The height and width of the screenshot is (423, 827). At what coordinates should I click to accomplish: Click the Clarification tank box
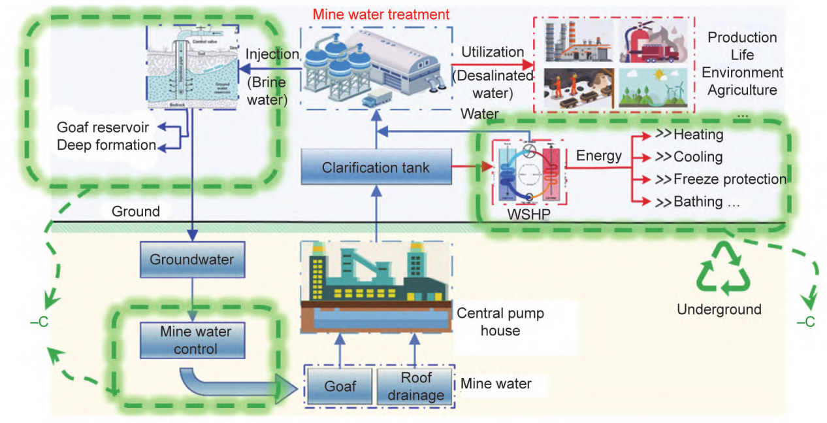[376, 167]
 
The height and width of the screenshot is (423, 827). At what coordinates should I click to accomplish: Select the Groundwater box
[191, 259]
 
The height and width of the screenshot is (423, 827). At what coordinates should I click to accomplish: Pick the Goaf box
[340, 386]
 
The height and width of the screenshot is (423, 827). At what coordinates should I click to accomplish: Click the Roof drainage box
[414, 386]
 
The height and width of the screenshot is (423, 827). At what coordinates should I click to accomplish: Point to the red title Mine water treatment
[381, 14]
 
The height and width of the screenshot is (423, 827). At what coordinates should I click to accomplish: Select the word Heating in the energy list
[698, 135]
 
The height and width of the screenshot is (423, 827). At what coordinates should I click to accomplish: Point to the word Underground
[719, 309]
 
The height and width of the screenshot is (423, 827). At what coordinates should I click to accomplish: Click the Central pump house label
[500, 321]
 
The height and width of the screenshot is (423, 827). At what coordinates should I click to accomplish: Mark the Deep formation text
[106, 144]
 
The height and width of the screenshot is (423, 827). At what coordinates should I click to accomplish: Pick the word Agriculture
[743, 90]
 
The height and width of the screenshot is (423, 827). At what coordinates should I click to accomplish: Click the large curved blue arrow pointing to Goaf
[236, 386]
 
